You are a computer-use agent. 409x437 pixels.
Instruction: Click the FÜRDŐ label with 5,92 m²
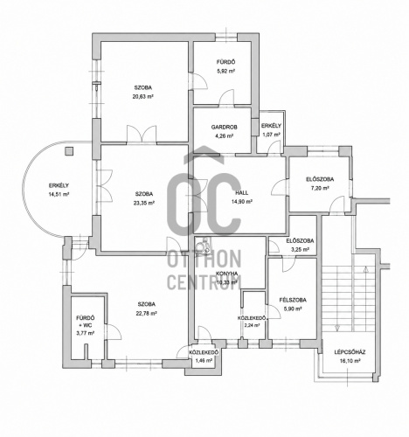click(225, 62)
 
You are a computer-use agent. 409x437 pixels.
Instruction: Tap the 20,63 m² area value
click(143, 97)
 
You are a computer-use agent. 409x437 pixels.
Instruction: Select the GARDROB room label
click(224, 128)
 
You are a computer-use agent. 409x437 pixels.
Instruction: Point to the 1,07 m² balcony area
click(271, 135)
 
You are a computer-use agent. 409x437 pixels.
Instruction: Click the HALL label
click(242, 192)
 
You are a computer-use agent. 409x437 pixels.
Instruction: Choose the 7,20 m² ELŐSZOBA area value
click(320, 188)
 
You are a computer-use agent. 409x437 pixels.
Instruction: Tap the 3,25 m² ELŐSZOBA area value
click(300, 250)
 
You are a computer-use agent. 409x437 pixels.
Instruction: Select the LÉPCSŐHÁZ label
click(350, 352)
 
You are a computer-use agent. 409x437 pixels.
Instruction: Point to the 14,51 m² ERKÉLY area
click(59, 194)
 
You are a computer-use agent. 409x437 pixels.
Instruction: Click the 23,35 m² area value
click(144, 203)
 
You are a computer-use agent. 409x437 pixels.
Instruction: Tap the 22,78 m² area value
click(147, 314)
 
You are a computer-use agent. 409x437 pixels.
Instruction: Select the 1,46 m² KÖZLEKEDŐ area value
click(204, 361)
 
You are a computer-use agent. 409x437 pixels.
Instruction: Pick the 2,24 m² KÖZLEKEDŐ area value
click(252, 326)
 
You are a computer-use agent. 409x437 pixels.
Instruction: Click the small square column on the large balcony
click(69, 150)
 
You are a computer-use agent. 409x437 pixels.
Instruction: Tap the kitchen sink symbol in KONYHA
click(203, 246)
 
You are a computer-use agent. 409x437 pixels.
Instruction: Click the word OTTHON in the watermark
click(204, 259)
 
